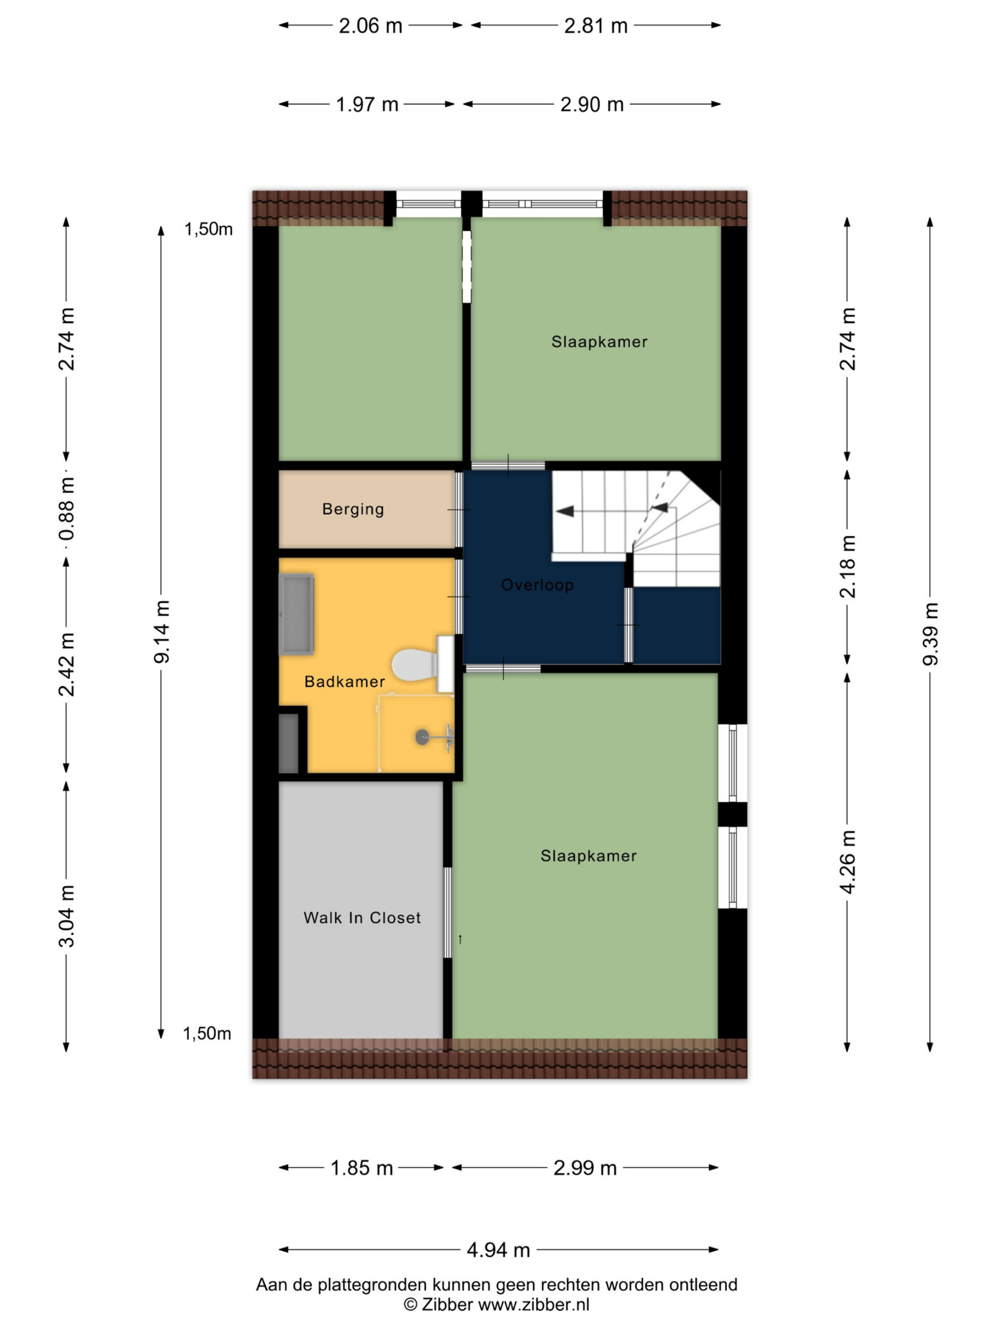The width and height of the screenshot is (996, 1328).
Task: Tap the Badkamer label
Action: (344, 682)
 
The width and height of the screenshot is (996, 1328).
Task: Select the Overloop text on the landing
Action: (537, 585)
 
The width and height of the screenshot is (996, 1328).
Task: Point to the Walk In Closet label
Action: (362, 917)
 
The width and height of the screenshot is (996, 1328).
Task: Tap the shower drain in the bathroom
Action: (423, 737)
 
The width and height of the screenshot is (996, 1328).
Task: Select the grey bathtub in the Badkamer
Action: (297, 614)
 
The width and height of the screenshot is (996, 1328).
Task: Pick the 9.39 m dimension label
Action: (930, 633)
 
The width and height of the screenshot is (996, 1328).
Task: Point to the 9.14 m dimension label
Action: (161, 632)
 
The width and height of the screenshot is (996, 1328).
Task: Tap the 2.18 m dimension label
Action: (847, 566)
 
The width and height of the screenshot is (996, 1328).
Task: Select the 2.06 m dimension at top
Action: (370, 26)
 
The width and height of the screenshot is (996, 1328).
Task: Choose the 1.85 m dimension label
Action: (362, 1168)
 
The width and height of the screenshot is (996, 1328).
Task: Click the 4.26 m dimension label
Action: (847, 862)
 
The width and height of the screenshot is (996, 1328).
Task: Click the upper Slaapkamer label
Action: (599, 342)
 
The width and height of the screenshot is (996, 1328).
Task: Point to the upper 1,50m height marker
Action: (209, 229)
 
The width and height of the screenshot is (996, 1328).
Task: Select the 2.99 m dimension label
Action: (585, 1168)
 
